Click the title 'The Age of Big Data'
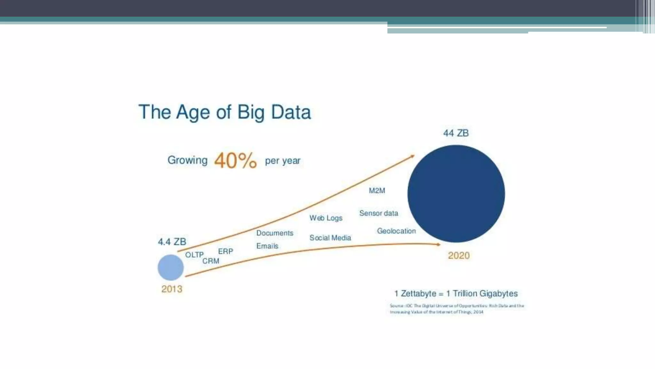click(225, 112)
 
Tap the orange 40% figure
click(235, 160)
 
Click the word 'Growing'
click(187, 160)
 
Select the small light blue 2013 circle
click(171, 267)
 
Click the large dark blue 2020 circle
click(456, 193)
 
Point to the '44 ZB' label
click(456, 133)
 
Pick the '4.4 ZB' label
click(172, 242)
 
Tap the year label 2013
click(172, 289)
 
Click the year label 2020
click(459, 255)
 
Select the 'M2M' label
click(377, 191)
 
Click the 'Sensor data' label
click(379, 213)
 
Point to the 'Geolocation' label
click(396, 231)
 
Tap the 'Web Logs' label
click(326, 218)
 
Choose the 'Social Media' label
click(330, 238)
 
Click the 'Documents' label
click(275, 233)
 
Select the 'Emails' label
click(267, 246)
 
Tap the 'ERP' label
click(225, 251)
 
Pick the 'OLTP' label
click(194, 255)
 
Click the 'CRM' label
click(211, 261)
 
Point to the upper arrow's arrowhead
click(413, 156)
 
